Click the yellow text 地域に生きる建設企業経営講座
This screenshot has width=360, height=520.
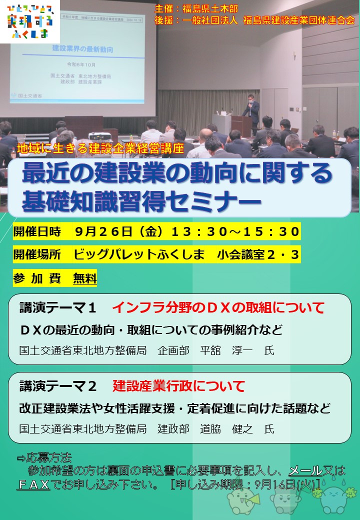pyautogui.click(x=100, y=148)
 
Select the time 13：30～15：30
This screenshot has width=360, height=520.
pyautogui.click(x=235, y=231)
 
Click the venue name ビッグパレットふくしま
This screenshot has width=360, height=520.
pyautogui.click(x=139, y=254)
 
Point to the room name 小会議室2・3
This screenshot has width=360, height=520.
pyautogui.click(x=258, y=254)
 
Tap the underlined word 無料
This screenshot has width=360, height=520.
pyautogui.click(x=84, y=278)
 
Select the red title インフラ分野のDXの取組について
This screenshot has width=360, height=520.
pyautogui.click(x=218, y=307)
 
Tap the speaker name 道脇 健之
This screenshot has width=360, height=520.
pyautogui.click(x=228, y=429)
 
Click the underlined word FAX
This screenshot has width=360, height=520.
pyautogui.click(x=33, y=484)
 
